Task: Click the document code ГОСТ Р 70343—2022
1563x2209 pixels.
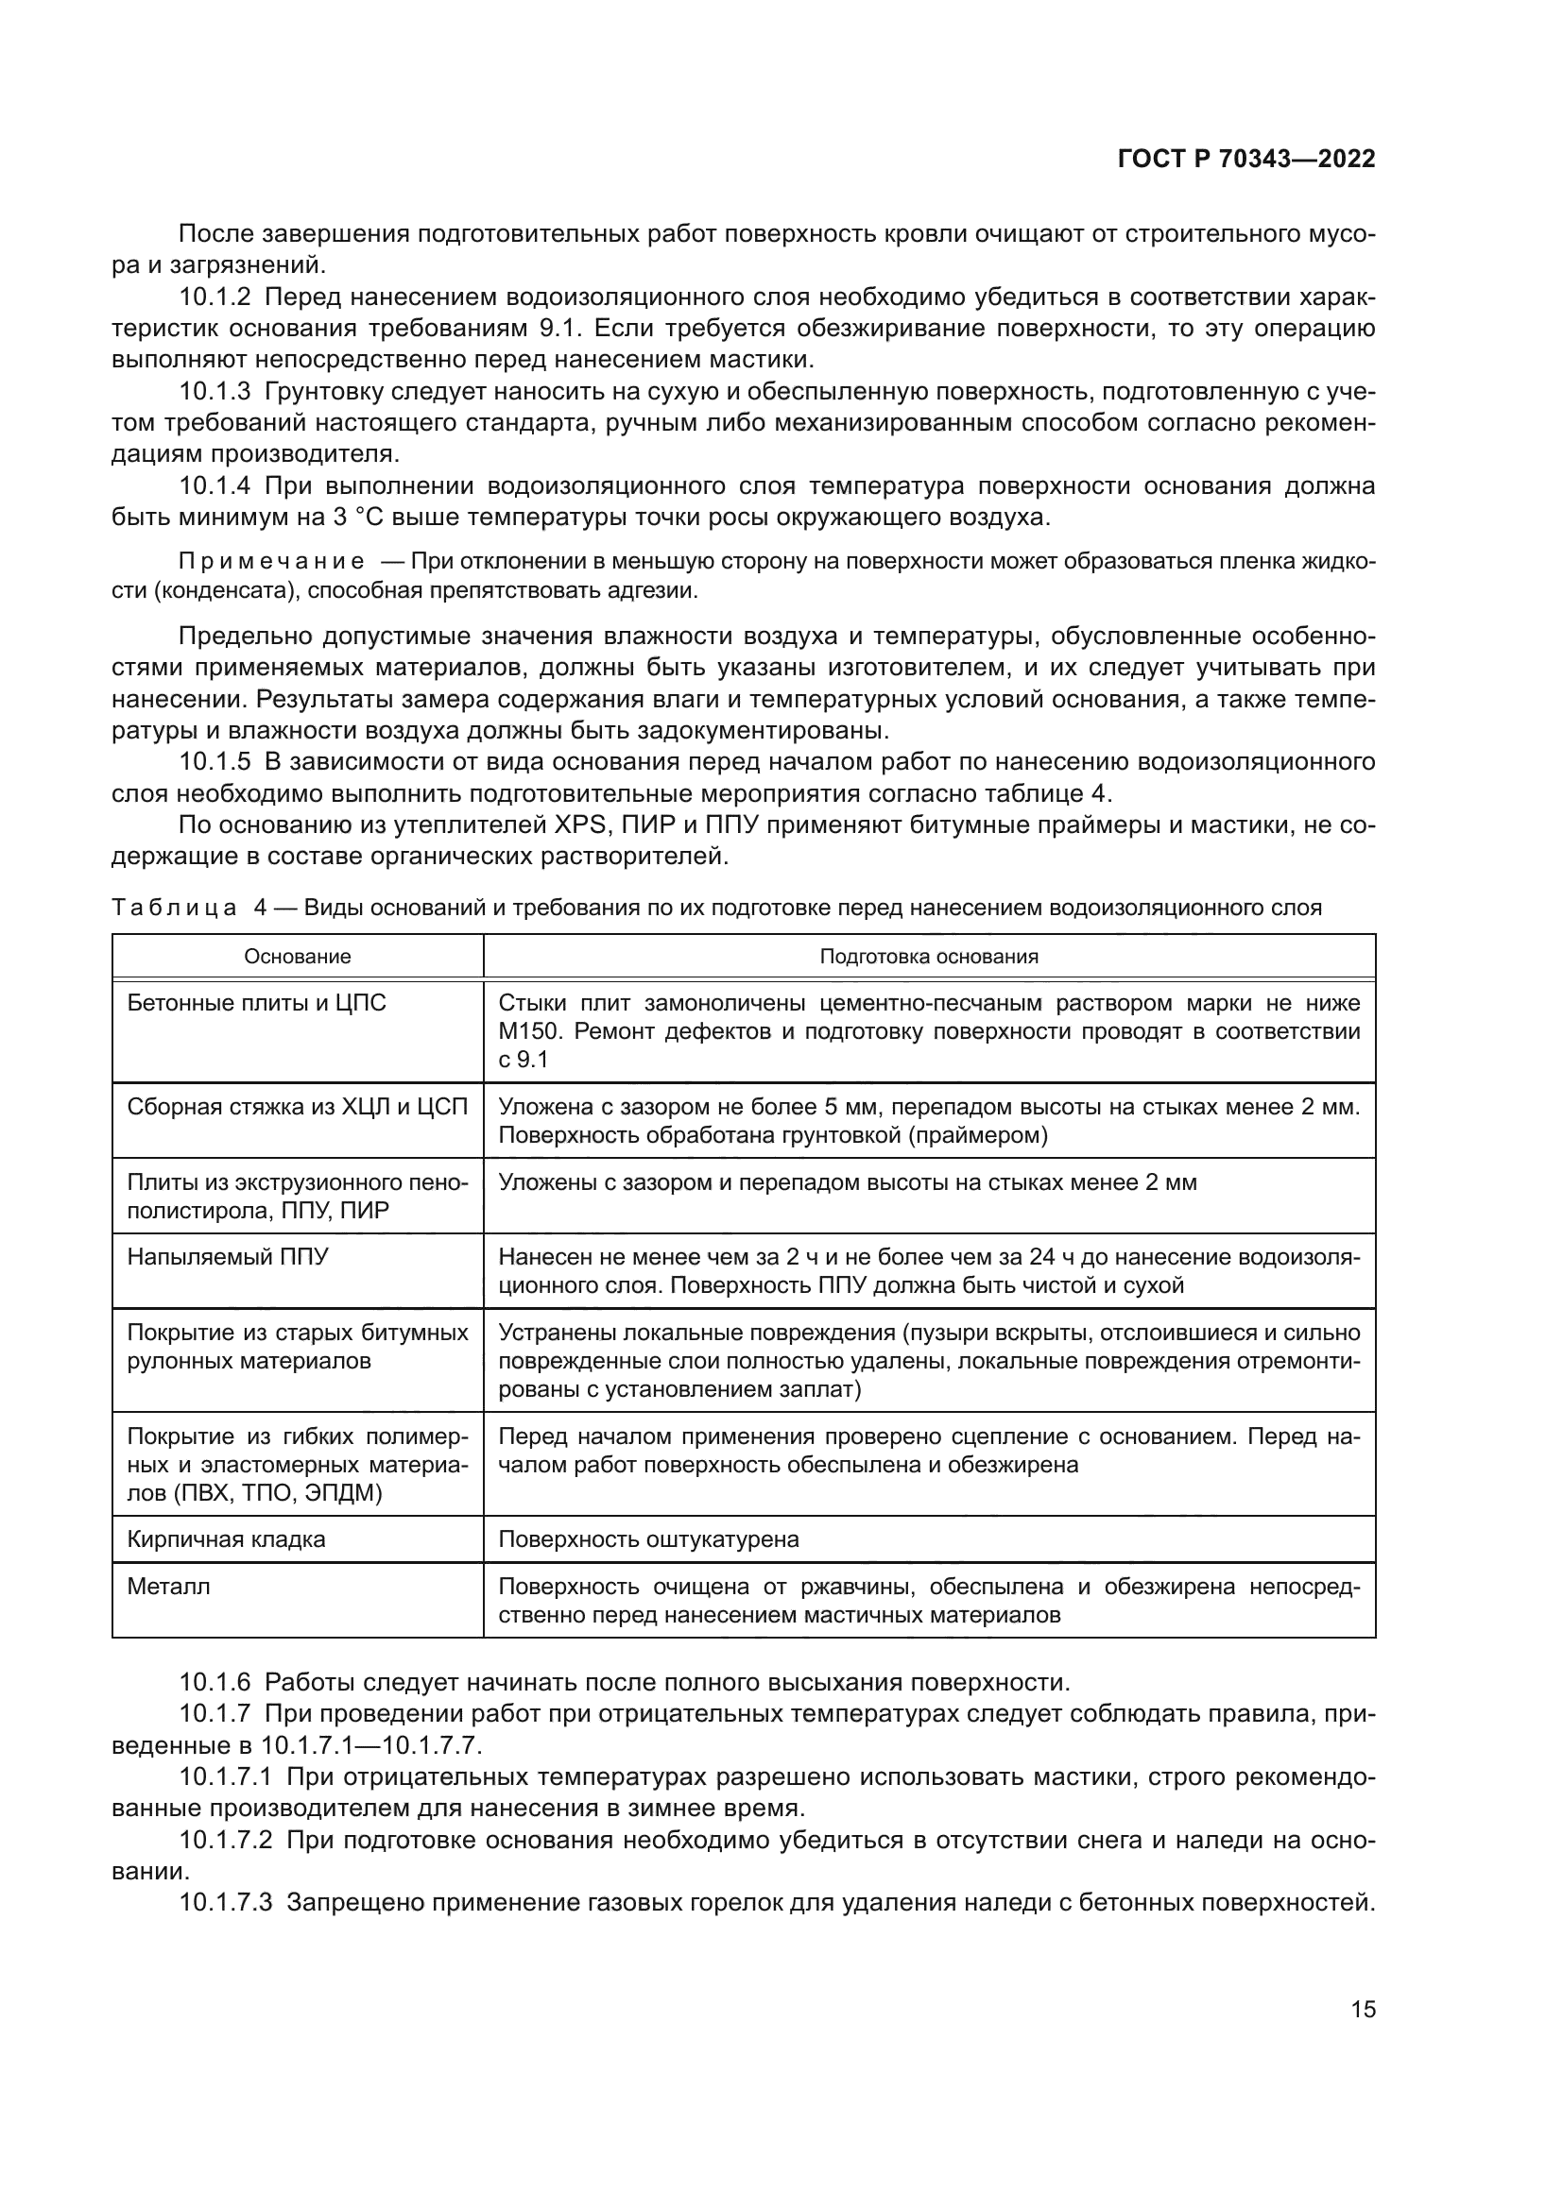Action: point(1246,160)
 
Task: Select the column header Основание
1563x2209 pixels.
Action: point(298,957)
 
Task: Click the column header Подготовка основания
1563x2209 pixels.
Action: point(929,957)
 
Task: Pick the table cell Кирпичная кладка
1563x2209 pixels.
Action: point(226,1539)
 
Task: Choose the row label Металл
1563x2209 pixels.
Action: point(168,1587)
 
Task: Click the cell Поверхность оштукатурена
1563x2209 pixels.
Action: point(648,1539)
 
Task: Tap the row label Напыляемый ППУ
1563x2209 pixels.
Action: point(228,1257)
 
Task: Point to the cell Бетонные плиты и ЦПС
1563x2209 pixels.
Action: point(257,1004)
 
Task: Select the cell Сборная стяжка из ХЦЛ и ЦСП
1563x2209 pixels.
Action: point(298,1108)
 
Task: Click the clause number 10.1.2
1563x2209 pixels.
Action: point(215,297)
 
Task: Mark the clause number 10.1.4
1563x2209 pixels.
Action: point(215,485)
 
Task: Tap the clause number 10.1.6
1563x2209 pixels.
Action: point(215,1683)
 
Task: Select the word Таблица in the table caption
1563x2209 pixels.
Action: point(174,909)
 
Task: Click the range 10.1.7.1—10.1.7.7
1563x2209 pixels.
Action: point(371,1745)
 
